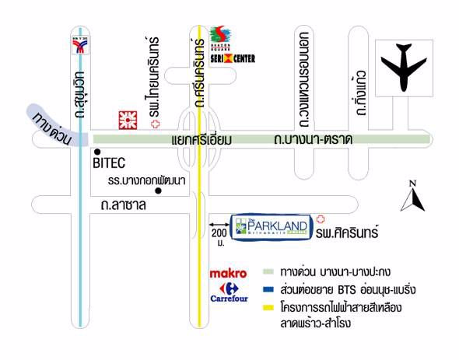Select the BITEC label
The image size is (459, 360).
point(109,164)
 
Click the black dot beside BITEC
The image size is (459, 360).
point(97,152)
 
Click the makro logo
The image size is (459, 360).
point(229,273)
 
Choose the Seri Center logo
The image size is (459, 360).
point(231,47)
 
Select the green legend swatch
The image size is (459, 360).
point(268,272)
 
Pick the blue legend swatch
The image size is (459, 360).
point(268,290)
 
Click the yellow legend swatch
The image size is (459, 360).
point(268,308)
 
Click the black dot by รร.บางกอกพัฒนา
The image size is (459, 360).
point(158,191)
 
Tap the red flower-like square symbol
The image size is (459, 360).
point(123,120)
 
